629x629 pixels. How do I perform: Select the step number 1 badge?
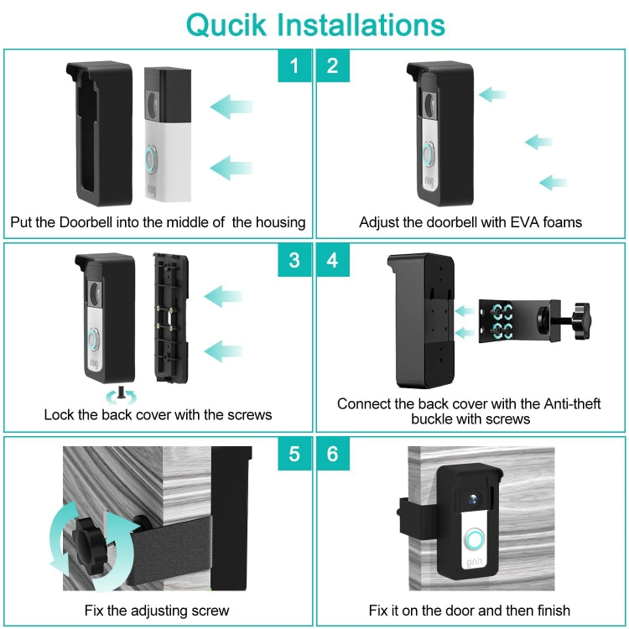(294, 65)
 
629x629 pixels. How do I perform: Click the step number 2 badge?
(333, 65)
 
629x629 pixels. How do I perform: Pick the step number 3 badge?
(294, 260)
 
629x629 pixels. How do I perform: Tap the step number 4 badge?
(333, 260)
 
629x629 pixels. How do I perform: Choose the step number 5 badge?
(294, 454)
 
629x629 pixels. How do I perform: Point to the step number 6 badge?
(333, 454)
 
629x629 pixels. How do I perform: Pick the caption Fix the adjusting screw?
(157, 610)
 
